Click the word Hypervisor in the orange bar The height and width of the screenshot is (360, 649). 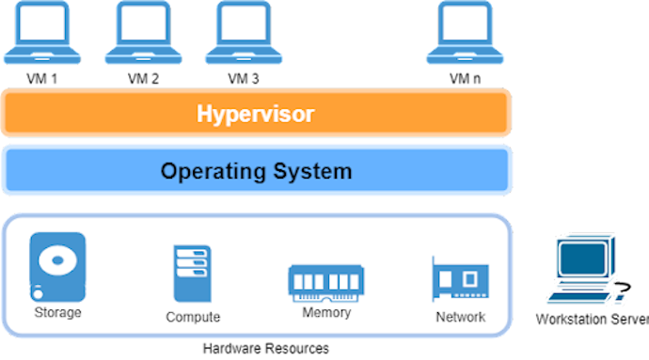(x=255, y=115)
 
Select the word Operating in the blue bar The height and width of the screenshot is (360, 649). (x=209, y=172)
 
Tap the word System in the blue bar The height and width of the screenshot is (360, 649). (x=309, y=172)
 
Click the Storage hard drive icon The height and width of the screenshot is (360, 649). (x=57, y=266)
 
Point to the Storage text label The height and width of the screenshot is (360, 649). (x=57, y=312)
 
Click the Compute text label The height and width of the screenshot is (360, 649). (x=193, y=317)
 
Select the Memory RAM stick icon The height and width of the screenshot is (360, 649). (x=325, y=281)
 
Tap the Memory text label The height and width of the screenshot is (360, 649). (x=326, y=312)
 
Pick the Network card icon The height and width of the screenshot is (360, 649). (x=460, y=279)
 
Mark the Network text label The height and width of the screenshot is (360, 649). (x=461, y=317)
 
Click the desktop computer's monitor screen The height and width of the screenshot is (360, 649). (x=579, y=258)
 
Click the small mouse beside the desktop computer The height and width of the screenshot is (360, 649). (x=619, y=300)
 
